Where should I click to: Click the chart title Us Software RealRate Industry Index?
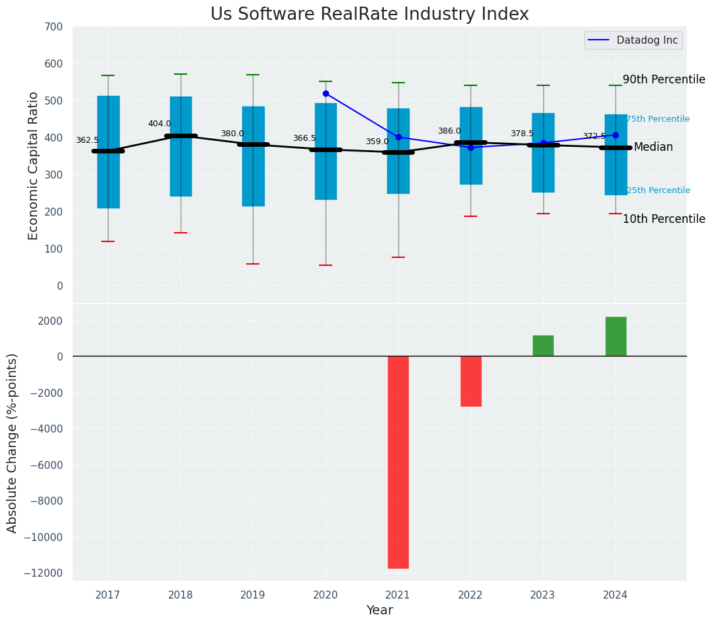coord(369,15)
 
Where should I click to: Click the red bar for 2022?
coord(470,381)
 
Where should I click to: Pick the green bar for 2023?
coord(543,346)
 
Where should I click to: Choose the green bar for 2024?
coord(615,337)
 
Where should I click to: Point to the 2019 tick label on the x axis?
coord(253,595)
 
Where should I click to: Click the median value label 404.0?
coord(159,124)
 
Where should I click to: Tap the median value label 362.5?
coord(87,141)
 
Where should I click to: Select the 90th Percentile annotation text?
coord(664,80)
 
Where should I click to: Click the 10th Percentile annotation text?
coord(664,220)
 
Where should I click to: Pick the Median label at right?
coord(653,147)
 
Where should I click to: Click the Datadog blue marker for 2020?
coord(326,94)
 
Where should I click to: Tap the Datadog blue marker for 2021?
coord(398,138)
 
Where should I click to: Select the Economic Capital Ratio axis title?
coord(34,165)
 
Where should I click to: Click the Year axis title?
coord(380,610)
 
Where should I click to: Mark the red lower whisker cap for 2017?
coord(108,241)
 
